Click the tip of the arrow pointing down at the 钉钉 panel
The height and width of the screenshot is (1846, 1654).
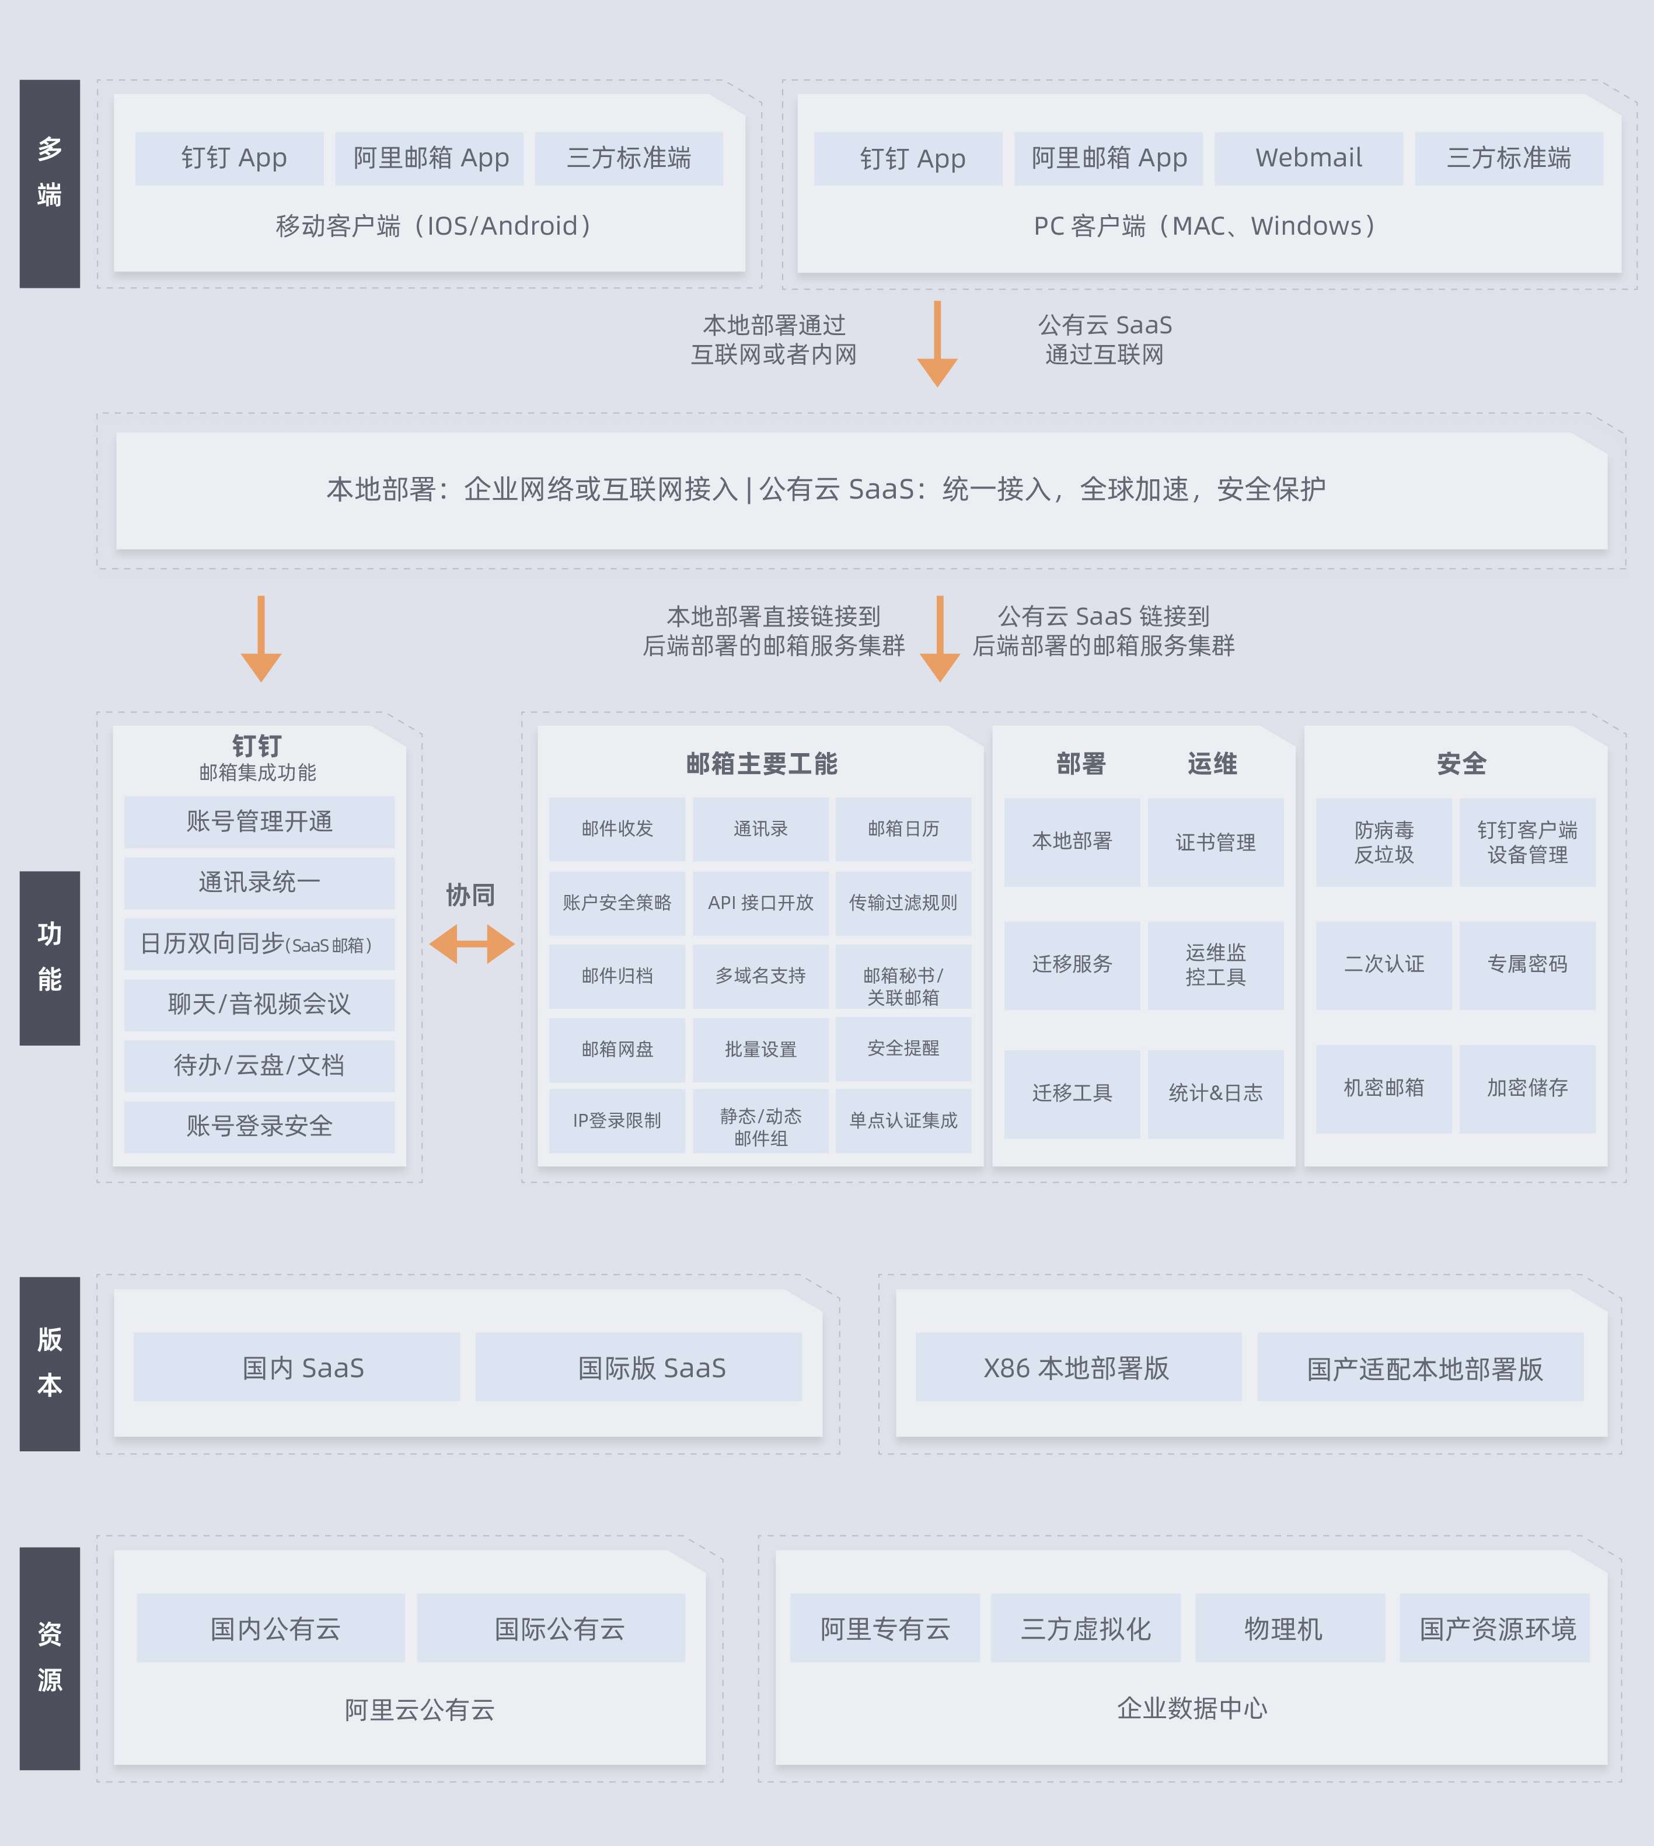tap(261, 682)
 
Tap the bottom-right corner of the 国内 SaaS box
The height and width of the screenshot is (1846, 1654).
tap(460, 1401)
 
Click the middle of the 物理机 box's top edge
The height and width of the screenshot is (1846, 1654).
tap(1290, 1593)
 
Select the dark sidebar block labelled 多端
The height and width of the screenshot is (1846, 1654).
tap(50, 183)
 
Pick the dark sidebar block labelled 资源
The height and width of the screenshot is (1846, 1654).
tap(50, 1658)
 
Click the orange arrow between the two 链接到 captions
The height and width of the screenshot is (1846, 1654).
tap(940, 639)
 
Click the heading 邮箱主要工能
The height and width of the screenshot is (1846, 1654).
tap(762, 764)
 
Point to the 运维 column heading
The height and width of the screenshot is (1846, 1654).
tap(1212, 764)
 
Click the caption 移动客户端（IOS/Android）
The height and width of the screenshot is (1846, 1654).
tap(434, 225)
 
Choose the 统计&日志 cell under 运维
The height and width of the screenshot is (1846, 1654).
tap(1215, 1093)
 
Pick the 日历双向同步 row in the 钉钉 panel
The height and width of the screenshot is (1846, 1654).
tap(259, 945)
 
